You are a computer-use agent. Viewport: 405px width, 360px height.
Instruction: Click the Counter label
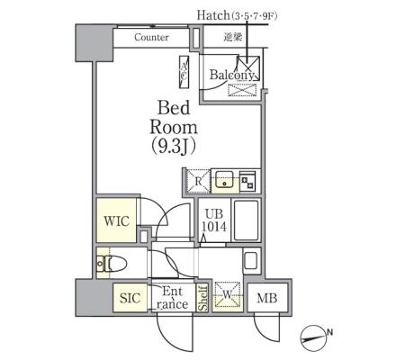[151, 37]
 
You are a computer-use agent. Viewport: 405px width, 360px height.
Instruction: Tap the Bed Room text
[174, 117]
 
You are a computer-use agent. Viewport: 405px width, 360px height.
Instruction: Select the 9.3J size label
[174, 147]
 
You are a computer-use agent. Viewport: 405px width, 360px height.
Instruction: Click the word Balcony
[231, 75]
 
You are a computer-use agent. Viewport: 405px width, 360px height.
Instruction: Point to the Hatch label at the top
[213, 15]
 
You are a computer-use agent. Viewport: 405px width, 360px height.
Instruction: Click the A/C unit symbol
[184, 72]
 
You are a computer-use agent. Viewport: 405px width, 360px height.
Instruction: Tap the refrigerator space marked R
[198, 181]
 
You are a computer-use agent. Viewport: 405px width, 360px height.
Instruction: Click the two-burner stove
[247, 182]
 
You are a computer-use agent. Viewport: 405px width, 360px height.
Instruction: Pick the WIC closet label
[117, 221]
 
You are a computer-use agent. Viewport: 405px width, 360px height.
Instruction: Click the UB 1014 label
[214, 220]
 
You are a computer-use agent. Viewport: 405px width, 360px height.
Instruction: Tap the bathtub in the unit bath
[246, 220]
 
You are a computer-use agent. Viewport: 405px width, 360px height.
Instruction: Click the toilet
[112, 264]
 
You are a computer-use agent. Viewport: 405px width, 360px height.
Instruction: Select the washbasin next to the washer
[250, 261]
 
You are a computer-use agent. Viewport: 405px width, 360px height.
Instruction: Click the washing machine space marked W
[228, 296]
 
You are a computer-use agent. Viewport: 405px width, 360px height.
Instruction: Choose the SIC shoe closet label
[130, 298]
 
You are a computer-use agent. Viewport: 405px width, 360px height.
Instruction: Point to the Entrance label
[172, 298]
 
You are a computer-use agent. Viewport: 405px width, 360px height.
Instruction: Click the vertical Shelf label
[202, 298]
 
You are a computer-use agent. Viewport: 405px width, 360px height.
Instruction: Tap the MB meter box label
[267, 299]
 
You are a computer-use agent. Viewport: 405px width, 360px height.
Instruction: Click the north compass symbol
[313, 337]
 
